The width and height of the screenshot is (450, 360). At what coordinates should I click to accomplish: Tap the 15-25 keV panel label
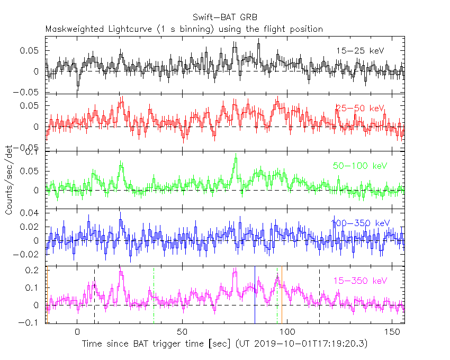[360, 50]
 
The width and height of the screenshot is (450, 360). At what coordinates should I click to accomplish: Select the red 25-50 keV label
[359, 108]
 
